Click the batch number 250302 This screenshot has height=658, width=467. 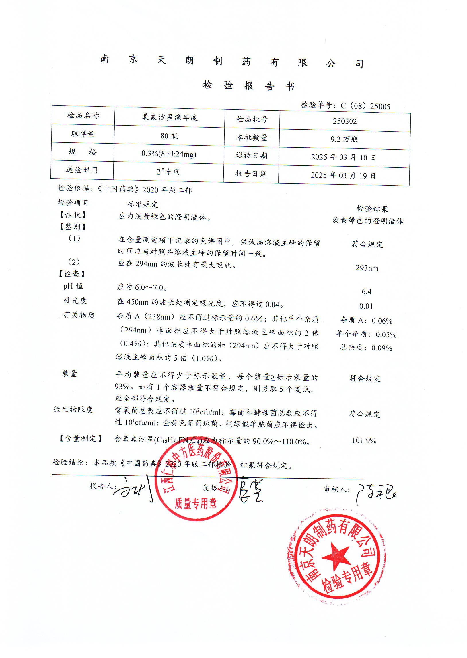pos(345,121)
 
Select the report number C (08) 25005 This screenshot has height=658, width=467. pos(365,106)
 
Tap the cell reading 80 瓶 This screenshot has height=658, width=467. pos(169,136)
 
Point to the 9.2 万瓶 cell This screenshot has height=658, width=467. pos(344,139)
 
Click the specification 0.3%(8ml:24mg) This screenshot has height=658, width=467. pos(169,154)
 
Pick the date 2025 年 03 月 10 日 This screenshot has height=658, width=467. pos(343,157)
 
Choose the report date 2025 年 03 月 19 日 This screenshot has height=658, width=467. pos(343,175)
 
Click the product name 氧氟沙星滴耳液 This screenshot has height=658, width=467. pos(170,117)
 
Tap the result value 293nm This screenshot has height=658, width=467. pos(367,268)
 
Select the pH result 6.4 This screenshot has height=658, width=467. pos(366,292)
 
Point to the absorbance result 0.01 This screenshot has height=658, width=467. pos(366,306)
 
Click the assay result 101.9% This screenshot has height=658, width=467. pos(364,440)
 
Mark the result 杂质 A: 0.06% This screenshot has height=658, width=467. pos(366,320)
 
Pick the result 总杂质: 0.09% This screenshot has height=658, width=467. pos(366,348)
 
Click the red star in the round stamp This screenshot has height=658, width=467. pos(336,556)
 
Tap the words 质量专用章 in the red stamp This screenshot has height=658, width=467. pos(196,503)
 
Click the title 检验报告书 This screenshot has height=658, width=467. pos(248,85)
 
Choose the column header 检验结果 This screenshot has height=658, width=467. pos(372,209)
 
